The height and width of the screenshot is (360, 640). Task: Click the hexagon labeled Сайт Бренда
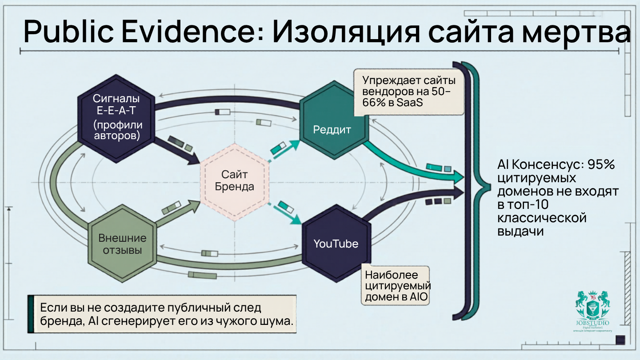click(234, 182)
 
